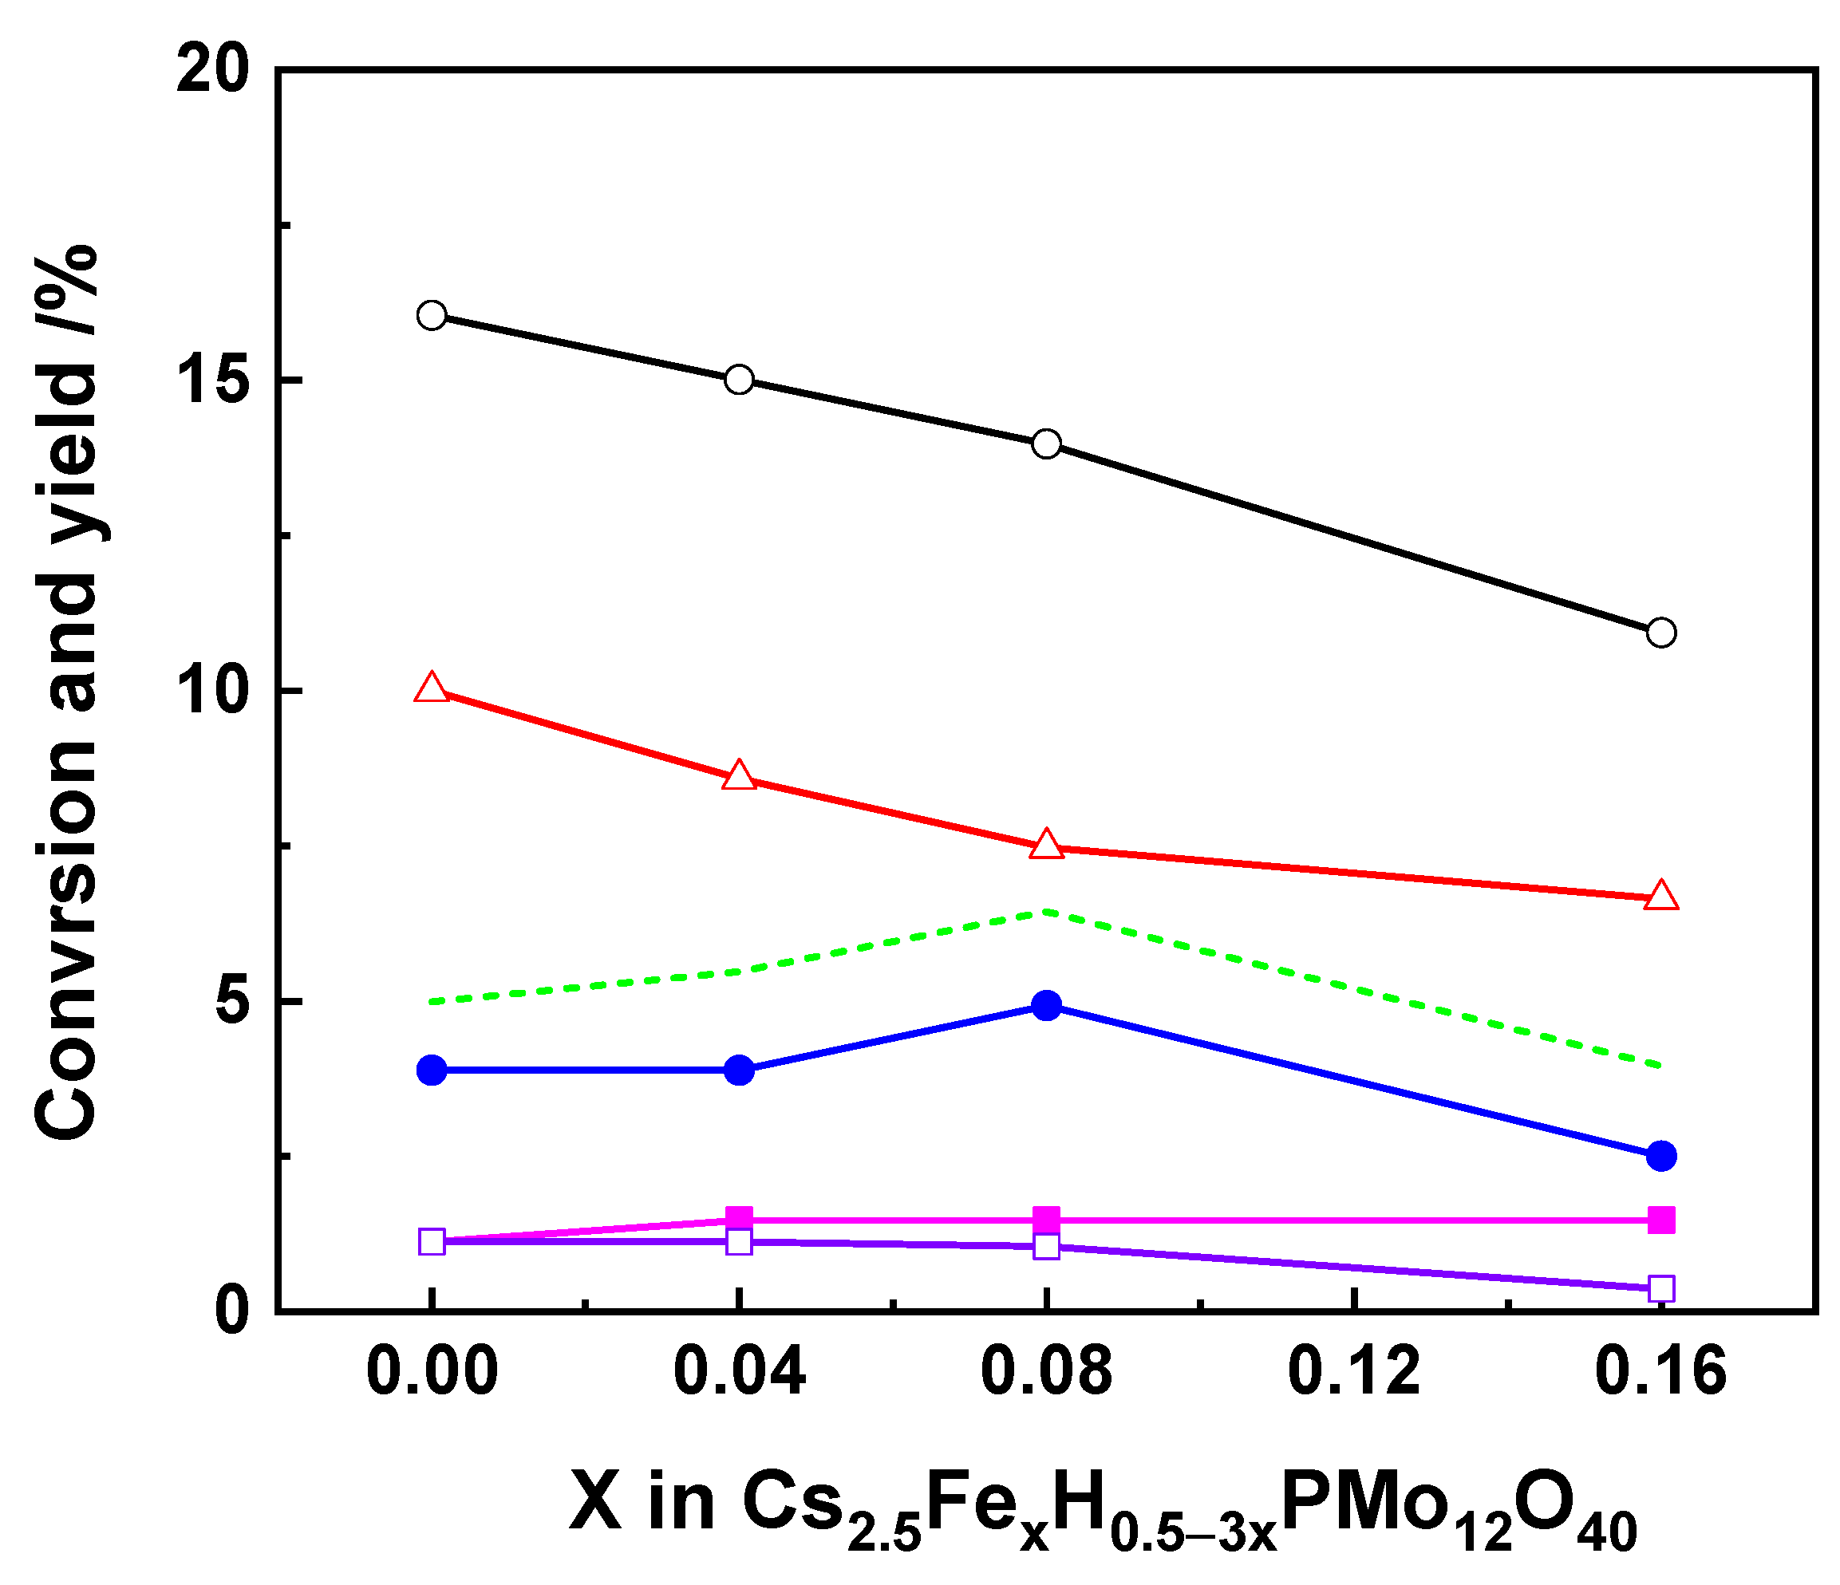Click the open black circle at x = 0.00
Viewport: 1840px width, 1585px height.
(x=432, y=315)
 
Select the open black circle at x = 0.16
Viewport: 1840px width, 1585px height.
(x=1660, y=633)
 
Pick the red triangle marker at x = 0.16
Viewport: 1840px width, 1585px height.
(x=1660, y=896)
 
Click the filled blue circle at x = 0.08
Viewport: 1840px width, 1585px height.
(x=1046, y=1006)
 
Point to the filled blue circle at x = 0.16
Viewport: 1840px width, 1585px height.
(x=1660, y=1156)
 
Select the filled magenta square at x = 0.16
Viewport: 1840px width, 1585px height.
(x=1660, y=1220)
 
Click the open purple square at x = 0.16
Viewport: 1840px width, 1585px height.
(x=1660, y=1288)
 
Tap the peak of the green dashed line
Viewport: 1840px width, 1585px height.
(x=1046, y=911)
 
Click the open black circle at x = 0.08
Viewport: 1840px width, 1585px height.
(x=1046, y=443)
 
